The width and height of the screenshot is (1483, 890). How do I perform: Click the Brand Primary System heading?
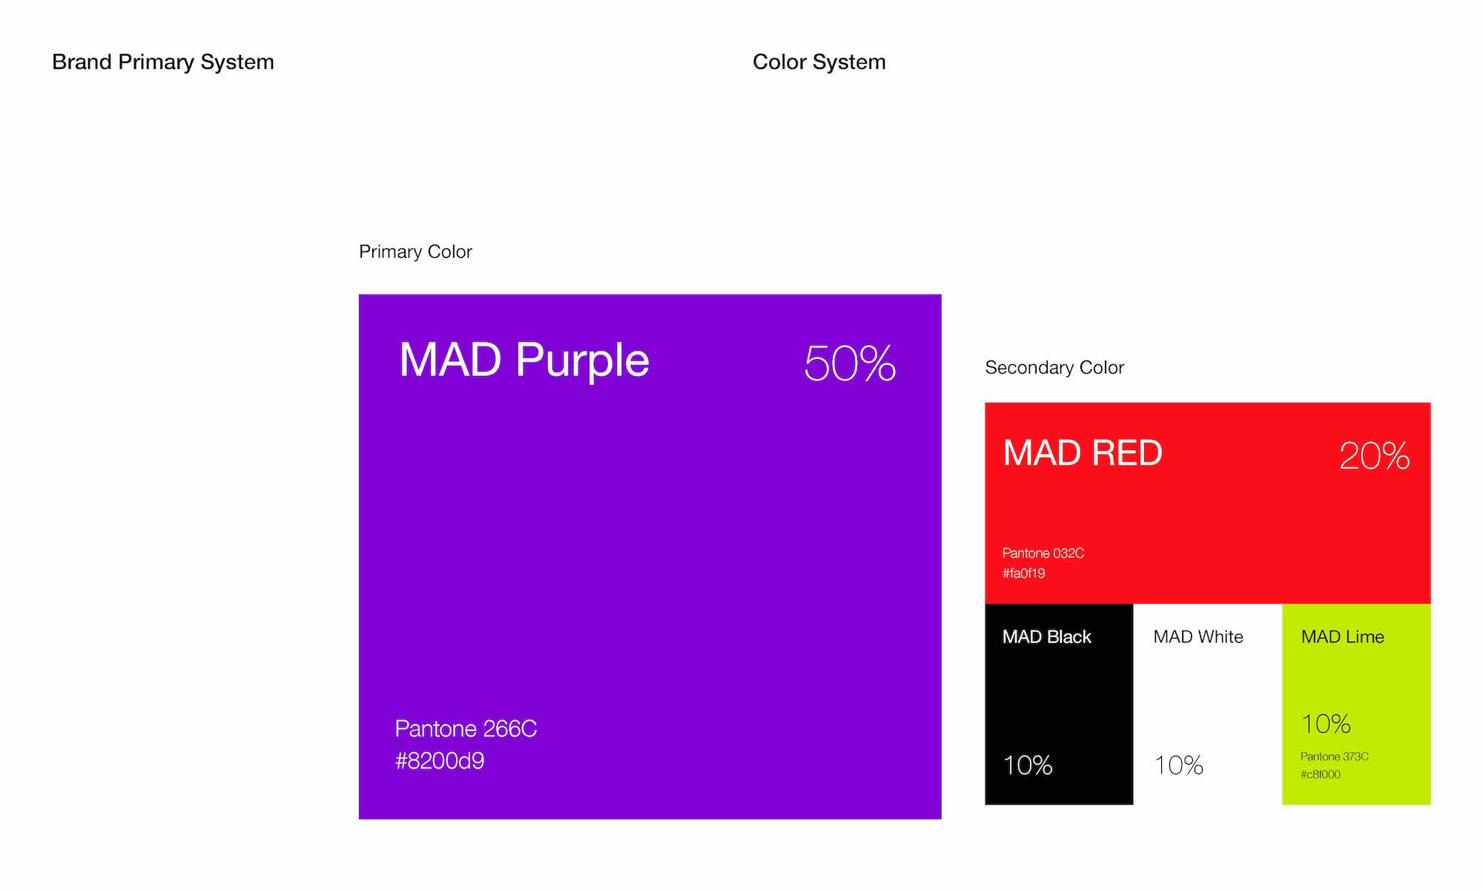163,62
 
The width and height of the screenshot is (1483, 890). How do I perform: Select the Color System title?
819,62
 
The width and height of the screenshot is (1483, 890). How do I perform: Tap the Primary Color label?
415,252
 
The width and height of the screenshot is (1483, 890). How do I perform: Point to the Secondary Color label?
1054,368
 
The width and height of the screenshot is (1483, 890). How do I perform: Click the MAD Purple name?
524,360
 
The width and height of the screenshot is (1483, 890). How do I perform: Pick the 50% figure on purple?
850,363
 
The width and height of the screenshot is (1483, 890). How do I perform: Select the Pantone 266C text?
466,729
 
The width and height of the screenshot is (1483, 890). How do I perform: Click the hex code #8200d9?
440,761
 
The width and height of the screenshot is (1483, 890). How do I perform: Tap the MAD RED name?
1083,453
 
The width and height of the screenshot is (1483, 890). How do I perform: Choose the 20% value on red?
1374,455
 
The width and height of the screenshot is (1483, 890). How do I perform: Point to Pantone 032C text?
1043,553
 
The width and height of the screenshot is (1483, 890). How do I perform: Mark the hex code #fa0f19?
1023,573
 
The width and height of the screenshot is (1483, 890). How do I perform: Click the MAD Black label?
1047,637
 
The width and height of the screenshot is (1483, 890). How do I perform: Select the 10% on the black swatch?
1028,765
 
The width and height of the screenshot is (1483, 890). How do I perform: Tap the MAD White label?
1198,637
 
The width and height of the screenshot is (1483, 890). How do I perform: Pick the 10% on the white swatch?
1179,765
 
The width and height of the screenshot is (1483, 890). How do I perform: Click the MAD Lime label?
1343,637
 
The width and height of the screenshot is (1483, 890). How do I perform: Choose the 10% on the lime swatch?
1326,724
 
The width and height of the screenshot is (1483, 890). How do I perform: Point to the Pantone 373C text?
1335,756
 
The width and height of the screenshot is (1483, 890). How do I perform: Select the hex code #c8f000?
1321,774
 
